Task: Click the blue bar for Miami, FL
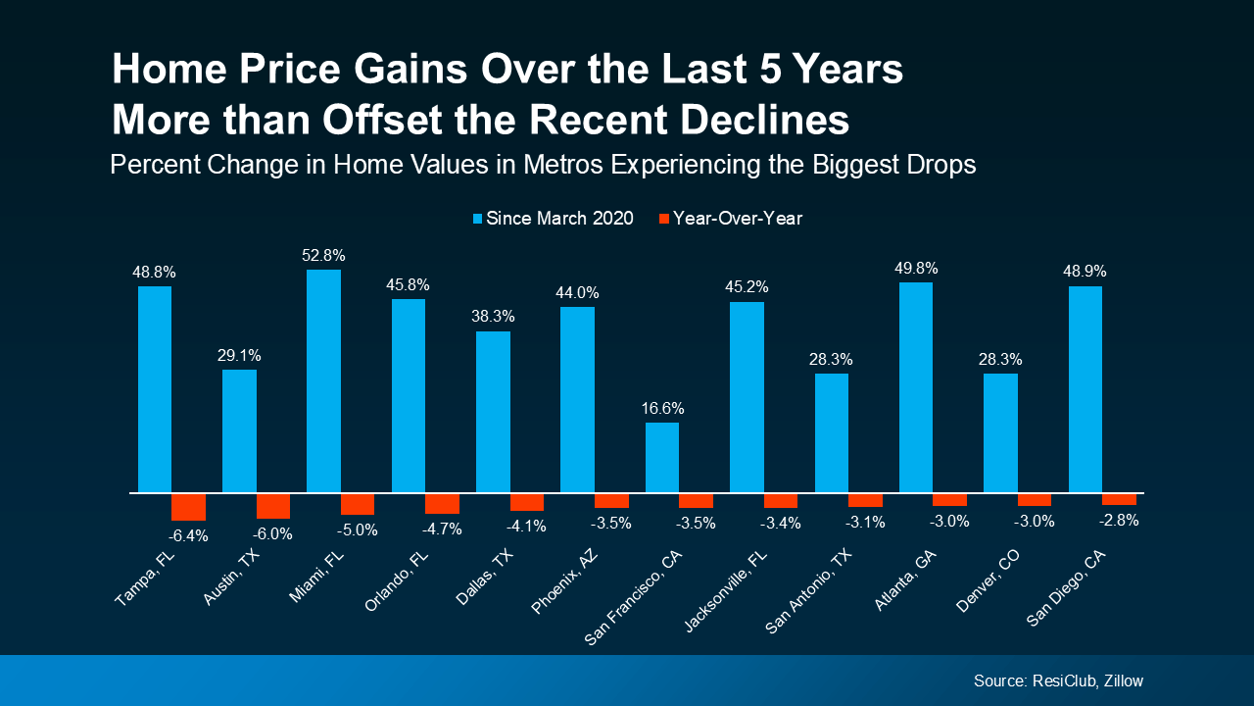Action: (323, 380)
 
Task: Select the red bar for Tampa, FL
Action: (188, 507)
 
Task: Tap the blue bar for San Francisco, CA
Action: (662, 457)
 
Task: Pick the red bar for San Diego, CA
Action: (1119, 499)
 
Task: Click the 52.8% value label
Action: (324, 256)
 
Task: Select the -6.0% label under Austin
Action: (272, 533)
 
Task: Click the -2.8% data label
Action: (1119, 521)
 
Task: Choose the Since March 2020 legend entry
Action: (553, 219)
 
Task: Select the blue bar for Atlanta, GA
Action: (916, 387)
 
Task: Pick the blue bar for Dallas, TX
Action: (493, 412)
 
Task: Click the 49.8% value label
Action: (916, 268)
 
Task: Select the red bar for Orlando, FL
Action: (442, 503)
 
